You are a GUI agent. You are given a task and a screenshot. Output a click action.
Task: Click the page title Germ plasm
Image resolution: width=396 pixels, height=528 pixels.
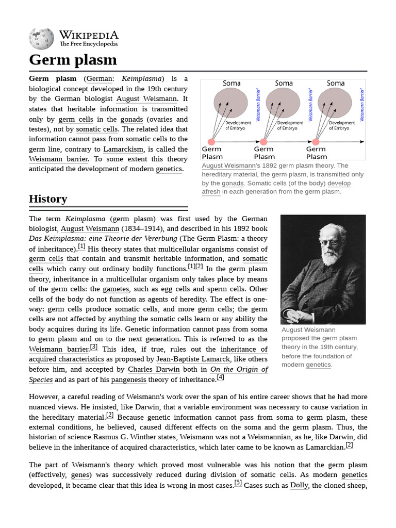(x=73, y=59)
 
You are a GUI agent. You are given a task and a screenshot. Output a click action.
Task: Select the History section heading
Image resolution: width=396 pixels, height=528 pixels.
(x=48, y=199)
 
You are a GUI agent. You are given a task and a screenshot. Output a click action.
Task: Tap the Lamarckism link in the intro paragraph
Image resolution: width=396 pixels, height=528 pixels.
(x=123, y=149)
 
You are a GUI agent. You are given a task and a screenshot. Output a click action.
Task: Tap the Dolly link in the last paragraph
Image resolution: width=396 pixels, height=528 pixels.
(x=299, y=485)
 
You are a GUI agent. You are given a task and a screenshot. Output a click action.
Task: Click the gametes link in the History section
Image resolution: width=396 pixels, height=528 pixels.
(x=116, y=289)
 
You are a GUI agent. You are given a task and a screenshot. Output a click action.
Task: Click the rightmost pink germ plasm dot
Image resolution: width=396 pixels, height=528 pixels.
(x=316, y=142)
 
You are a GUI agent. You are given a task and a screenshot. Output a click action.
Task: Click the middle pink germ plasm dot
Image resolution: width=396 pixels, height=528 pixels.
(x=263, y=142)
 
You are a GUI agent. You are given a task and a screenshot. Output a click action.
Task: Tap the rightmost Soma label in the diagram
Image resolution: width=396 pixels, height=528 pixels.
(x=335, y=83)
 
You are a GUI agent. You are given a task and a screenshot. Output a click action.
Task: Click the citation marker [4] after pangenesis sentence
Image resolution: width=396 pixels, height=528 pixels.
(x=220, y=377)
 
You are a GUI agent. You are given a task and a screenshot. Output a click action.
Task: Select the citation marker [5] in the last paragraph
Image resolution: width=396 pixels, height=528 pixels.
(x=238, y=483)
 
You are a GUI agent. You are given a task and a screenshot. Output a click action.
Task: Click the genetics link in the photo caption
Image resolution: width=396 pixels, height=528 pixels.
(x=318, y=365)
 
